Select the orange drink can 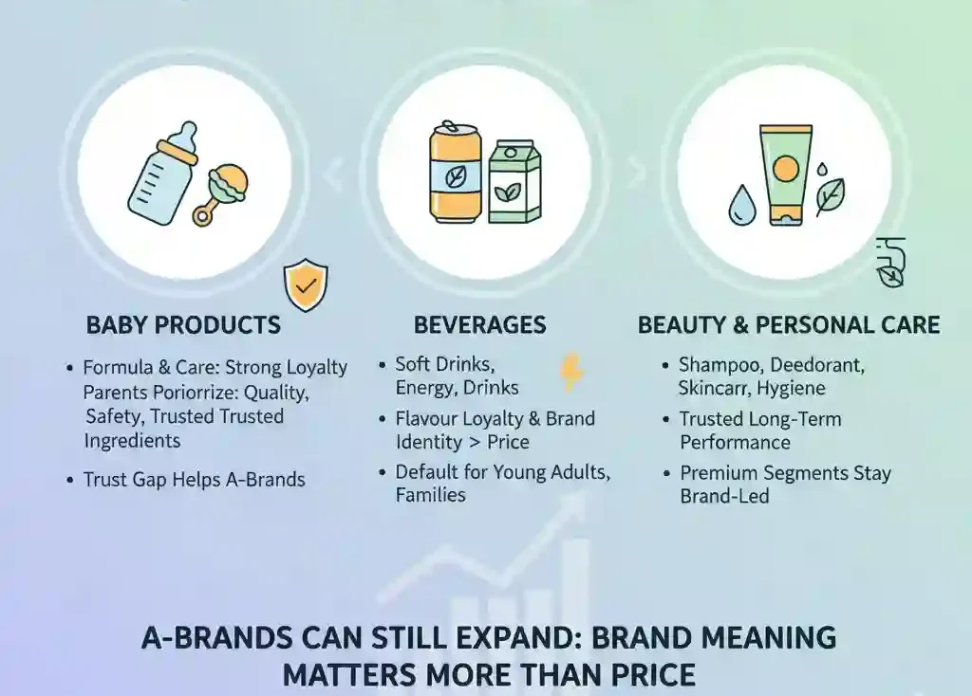[455, 173]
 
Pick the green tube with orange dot [785, 174]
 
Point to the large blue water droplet [742, 205]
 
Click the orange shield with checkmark [306, 285]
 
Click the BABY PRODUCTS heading [183, 325]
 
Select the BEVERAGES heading [479, 325]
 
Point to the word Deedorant [817, 365]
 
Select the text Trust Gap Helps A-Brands [194, 479]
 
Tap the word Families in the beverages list [430, 495]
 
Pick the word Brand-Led [724, 496]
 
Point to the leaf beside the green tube [830, 196]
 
